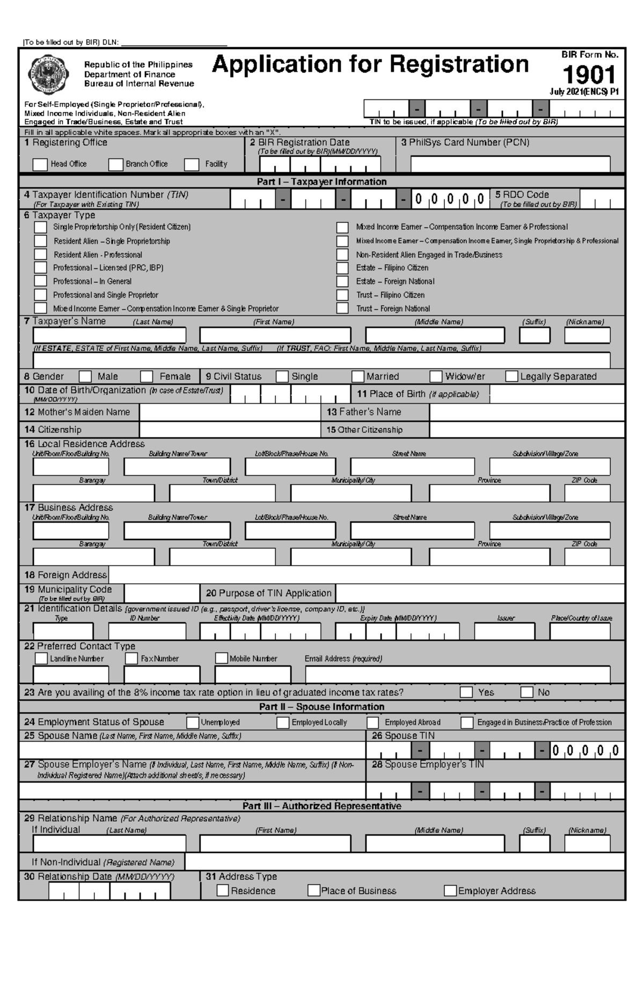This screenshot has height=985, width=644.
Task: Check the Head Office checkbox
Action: point(40,164)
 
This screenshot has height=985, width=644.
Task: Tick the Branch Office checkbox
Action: point(115,164)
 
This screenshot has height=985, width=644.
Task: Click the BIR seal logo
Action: point(49,74)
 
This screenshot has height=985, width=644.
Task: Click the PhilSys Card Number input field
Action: point(510,164)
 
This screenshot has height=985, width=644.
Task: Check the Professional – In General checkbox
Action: point(41,281)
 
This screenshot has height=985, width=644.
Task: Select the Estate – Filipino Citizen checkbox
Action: point(342,268)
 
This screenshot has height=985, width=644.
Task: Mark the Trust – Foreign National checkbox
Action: point(342,308)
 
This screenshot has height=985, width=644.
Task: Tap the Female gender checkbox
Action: point(147,376)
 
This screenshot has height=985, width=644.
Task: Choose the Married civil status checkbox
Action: point(358,376)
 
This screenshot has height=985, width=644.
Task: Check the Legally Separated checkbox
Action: point(511,376)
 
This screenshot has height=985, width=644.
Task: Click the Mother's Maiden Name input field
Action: point(230,412)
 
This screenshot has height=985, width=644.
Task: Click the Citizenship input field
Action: point(230,429)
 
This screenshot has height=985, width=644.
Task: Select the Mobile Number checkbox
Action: point(221,658)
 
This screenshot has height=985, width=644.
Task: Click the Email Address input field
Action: point(457,674)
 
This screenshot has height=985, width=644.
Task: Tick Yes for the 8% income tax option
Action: point(466,692)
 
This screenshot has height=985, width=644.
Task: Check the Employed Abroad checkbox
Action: point(373,723)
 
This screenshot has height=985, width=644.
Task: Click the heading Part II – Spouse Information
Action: point(321,707)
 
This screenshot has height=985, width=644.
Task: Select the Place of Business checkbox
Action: point(314,891)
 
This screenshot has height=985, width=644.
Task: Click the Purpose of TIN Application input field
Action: point(480,593)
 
